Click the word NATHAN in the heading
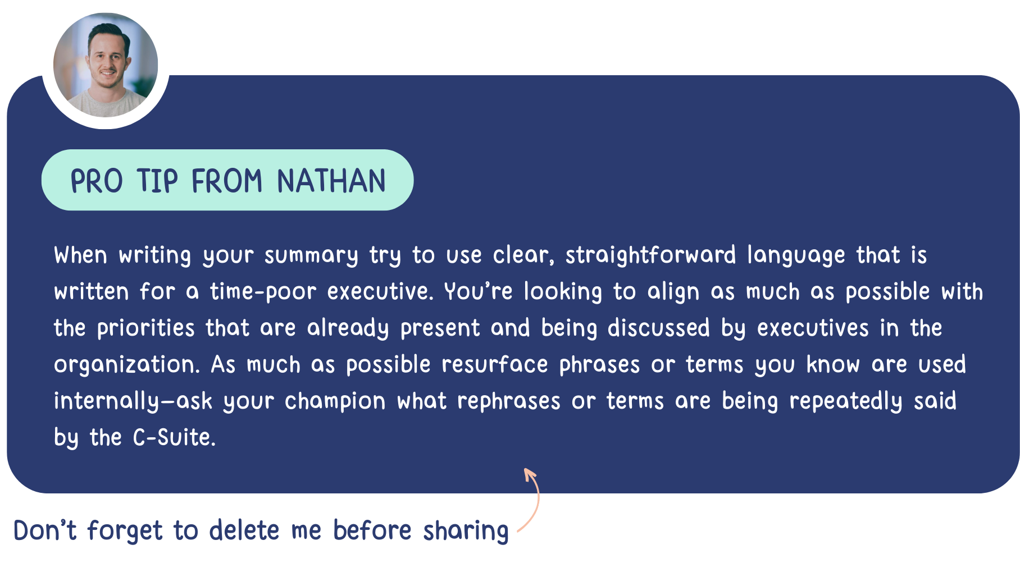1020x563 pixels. click(331, 181)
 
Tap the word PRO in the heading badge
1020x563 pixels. click(97, 181)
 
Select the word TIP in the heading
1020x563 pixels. click(157, 181)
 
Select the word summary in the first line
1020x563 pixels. click(311, 256)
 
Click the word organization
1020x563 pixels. click(127, 365)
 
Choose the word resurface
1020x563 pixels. click(494, 364)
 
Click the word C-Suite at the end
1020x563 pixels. click(174, 437)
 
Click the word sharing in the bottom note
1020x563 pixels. click(466, 531)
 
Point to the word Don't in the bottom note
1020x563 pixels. click(45, 530)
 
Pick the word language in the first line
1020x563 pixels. click(796, 256)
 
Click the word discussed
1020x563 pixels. click(659, 328)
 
